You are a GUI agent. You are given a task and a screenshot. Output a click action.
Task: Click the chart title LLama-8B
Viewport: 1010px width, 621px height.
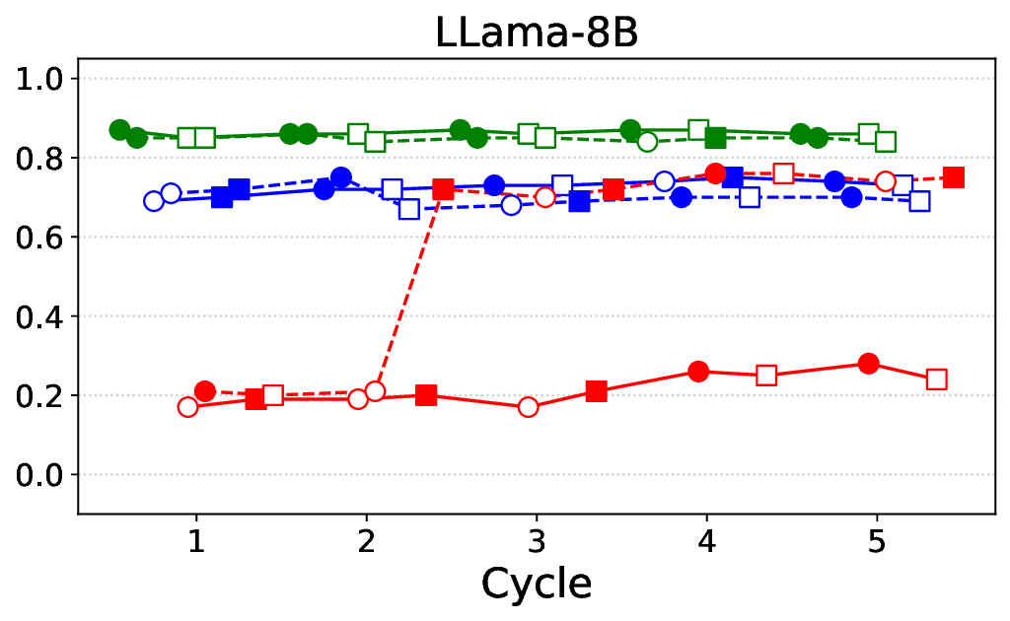coord(538,33)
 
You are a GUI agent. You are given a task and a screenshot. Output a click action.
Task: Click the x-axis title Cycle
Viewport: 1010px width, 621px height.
coord(537,584)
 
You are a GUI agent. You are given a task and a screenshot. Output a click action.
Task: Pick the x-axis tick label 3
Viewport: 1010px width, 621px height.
coord(537,539)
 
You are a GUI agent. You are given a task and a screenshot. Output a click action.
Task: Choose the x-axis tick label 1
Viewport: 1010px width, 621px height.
coord(196,539)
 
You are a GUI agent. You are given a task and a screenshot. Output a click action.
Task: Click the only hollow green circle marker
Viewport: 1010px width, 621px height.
coord(647,142)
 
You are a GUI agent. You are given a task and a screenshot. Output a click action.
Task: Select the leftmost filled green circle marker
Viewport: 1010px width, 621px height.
coord(120,130)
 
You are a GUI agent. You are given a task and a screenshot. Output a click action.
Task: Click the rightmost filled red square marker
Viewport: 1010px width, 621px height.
coord(953,177)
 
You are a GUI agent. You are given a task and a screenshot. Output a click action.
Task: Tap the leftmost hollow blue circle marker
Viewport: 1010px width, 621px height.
coord(154,201)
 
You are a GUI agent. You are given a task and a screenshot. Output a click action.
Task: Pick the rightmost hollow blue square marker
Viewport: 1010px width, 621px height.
coord(919,201)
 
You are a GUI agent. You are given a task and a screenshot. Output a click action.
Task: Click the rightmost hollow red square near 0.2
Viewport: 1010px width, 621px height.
coord(936,379)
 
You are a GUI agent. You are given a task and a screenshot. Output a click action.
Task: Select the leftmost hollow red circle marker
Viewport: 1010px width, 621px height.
coord(187,407)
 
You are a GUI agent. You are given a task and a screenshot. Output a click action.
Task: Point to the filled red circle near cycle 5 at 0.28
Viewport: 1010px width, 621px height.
coord(868,364)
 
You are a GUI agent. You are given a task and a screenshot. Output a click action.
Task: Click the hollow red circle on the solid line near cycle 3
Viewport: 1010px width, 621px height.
coord(528,407)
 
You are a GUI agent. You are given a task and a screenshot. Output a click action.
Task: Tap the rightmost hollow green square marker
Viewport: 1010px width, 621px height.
coord(886,142)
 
